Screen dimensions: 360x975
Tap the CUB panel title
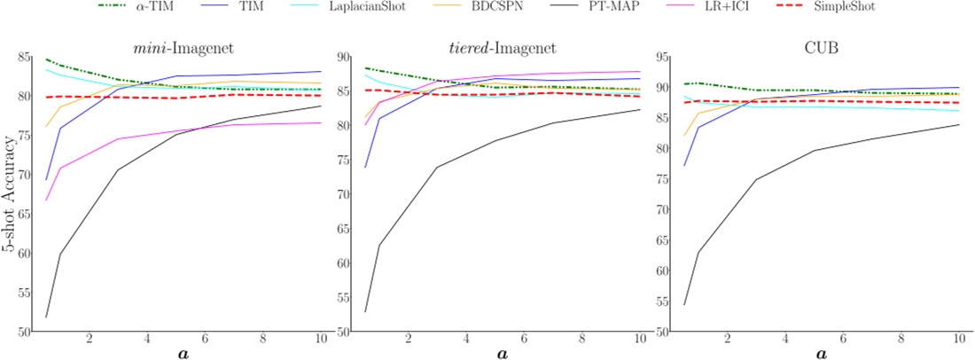pos(821,45)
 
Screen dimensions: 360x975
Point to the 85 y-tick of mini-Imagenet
pos(25,57)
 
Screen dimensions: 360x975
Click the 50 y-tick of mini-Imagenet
pos(25,332)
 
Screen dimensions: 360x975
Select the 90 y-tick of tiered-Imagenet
pos(345,57)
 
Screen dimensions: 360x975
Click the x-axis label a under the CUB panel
pos(821,353)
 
